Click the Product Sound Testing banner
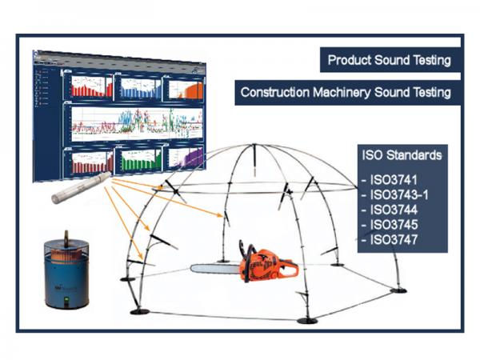click(390, 59)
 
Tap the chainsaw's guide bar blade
click(215, 269)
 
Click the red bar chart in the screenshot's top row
click(90, 87)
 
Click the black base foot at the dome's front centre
click(306, 321)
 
